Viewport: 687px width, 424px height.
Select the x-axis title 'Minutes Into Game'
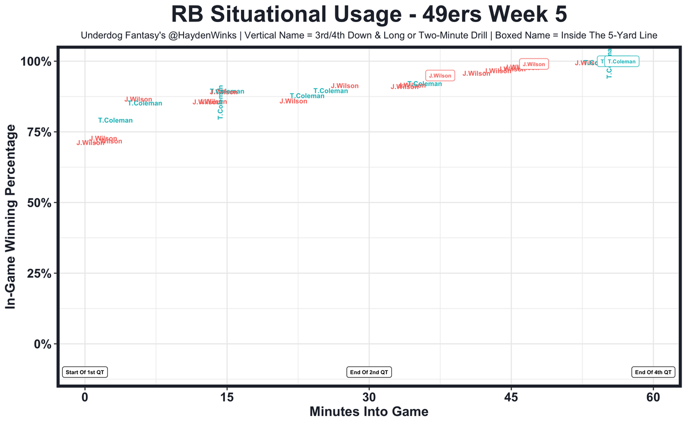click(x=369, y=412)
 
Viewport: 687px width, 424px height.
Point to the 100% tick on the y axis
click(x=36, y=61)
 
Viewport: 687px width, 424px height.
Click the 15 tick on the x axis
click(x=227, y=397)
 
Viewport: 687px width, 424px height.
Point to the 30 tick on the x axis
click(x=369, y=397)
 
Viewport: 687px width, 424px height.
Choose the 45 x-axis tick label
click(x=511, y=397)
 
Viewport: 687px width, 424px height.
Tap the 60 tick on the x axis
click(x=653, y=397)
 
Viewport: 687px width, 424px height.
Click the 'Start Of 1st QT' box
click(x=85, y=372)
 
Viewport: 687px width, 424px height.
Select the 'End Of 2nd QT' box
click(x=369, y=372)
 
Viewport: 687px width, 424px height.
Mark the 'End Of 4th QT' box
click(x=653, y=372)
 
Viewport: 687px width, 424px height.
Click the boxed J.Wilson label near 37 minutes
click(x=440, y=76)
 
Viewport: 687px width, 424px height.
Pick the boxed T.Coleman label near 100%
click(x=622, y=62)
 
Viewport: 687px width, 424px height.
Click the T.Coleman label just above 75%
click(x=115, y=121)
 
